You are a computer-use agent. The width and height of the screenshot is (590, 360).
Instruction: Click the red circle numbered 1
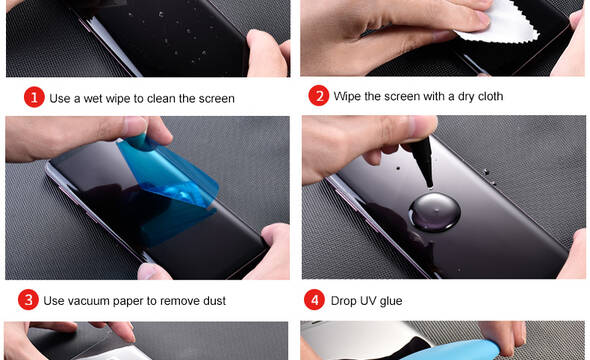pyautogui.click(x=34, y=97)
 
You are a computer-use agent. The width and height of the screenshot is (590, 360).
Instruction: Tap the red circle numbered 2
pyautogui.click(x=319, y=96)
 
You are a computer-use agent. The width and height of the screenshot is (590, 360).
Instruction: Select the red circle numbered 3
pyautogui.click(x=28, y=300)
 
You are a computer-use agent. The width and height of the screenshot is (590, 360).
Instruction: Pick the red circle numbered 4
pyautogui.click(x=314, y=300)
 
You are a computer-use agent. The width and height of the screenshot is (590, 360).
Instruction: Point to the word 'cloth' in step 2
pyautogui.click(x=490, y=96)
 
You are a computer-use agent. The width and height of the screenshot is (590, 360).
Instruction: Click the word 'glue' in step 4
pyautogui.click(x=391, y=301)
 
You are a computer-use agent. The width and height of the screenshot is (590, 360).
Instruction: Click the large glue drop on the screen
pyautogui.click(x=435, y=212)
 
